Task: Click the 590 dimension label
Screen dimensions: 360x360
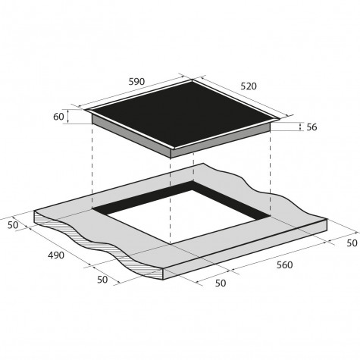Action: tap(136, 82)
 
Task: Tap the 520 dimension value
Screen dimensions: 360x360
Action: tap(249, 86)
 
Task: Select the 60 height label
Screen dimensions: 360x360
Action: tap(58, 117)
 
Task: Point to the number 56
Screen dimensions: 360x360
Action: tap(311, 127)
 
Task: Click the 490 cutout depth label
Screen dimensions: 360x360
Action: tap(56, 255)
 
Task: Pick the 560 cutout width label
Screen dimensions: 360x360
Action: tap(285, 265)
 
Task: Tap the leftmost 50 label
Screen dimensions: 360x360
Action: tap(13, 225)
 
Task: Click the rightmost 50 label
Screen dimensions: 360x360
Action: tap(352, 243)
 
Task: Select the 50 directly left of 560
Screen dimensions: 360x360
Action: tap(221, 283)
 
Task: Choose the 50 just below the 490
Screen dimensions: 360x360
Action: tap(102, 280)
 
